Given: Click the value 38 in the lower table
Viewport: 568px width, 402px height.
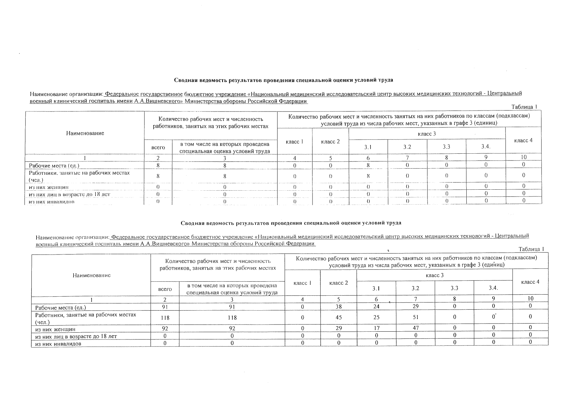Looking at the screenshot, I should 338,306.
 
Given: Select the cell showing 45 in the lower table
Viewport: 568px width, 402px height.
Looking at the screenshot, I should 338,318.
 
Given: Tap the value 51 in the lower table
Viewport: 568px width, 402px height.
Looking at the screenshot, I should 415,318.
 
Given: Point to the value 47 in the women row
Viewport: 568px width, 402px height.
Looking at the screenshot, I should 415,328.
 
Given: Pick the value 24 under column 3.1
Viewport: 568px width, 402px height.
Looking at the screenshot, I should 376,306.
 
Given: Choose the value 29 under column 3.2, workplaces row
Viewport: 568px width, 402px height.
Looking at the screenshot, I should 415,306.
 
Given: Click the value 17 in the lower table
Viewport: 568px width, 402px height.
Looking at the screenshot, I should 376,328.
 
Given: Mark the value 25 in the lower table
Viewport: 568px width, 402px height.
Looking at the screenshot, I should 376,318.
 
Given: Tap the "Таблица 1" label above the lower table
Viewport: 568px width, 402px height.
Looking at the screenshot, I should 531,249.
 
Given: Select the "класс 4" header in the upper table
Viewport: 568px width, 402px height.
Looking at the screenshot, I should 523,140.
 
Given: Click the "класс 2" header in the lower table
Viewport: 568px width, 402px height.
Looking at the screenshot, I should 338,283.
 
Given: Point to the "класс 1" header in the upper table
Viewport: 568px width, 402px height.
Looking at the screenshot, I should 294,142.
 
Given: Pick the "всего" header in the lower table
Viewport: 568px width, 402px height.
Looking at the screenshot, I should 167,289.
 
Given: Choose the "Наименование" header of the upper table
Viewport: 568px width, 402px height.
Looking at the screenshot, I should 85,133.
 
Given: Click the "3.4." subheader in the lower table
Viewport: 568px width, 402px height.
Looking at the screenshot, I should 493,288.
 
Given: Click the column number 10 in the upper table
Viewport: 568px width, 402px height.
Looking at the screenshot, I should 524,157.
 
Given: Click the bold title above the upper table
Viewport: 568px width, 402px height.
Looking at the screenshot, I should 284,80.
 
